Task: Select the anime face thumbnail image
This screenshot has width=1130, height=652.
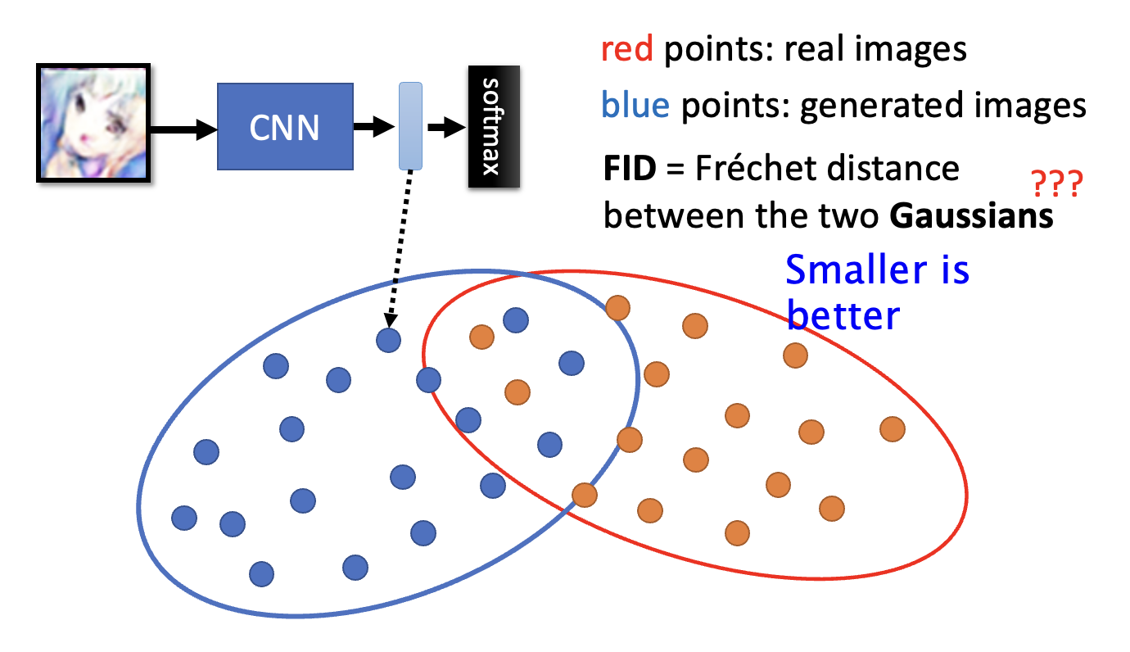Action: click(x=94, y=124)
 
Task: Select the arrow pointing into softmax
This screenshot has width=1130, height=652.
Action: click(x=446, y=127)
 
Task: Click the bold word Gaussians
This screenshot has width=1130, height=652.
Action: click(x=971, y=216)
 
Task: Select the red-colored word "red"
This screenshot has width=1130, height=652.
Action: click(x=626, y=51)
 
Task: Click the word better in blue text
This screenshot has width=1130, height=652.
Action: click(x=843, y=315)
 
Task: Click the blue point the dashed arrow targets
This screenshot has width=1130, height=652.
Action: click(x=389, y=339)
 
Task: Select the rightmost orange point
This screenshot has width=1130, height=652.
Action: click(x=893, y=428)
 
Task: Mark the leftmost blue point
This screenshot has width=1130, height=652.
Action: click(x=184, y=518)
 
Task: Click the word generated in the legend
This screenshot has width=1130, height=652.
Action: click(x=879, y=106)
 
